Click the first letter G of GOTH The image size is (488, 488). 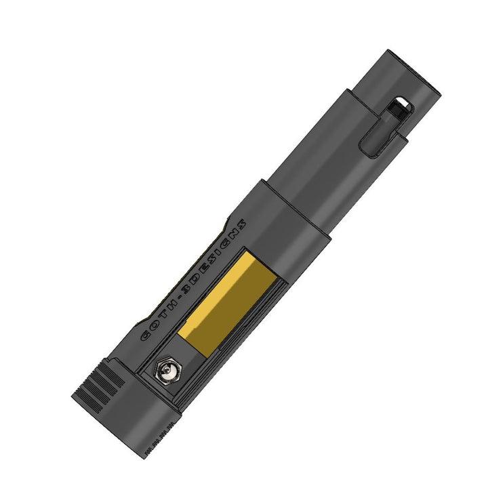click(x=146, y=335)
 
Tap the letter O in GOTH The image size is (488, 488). click(x=155, y=325)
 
